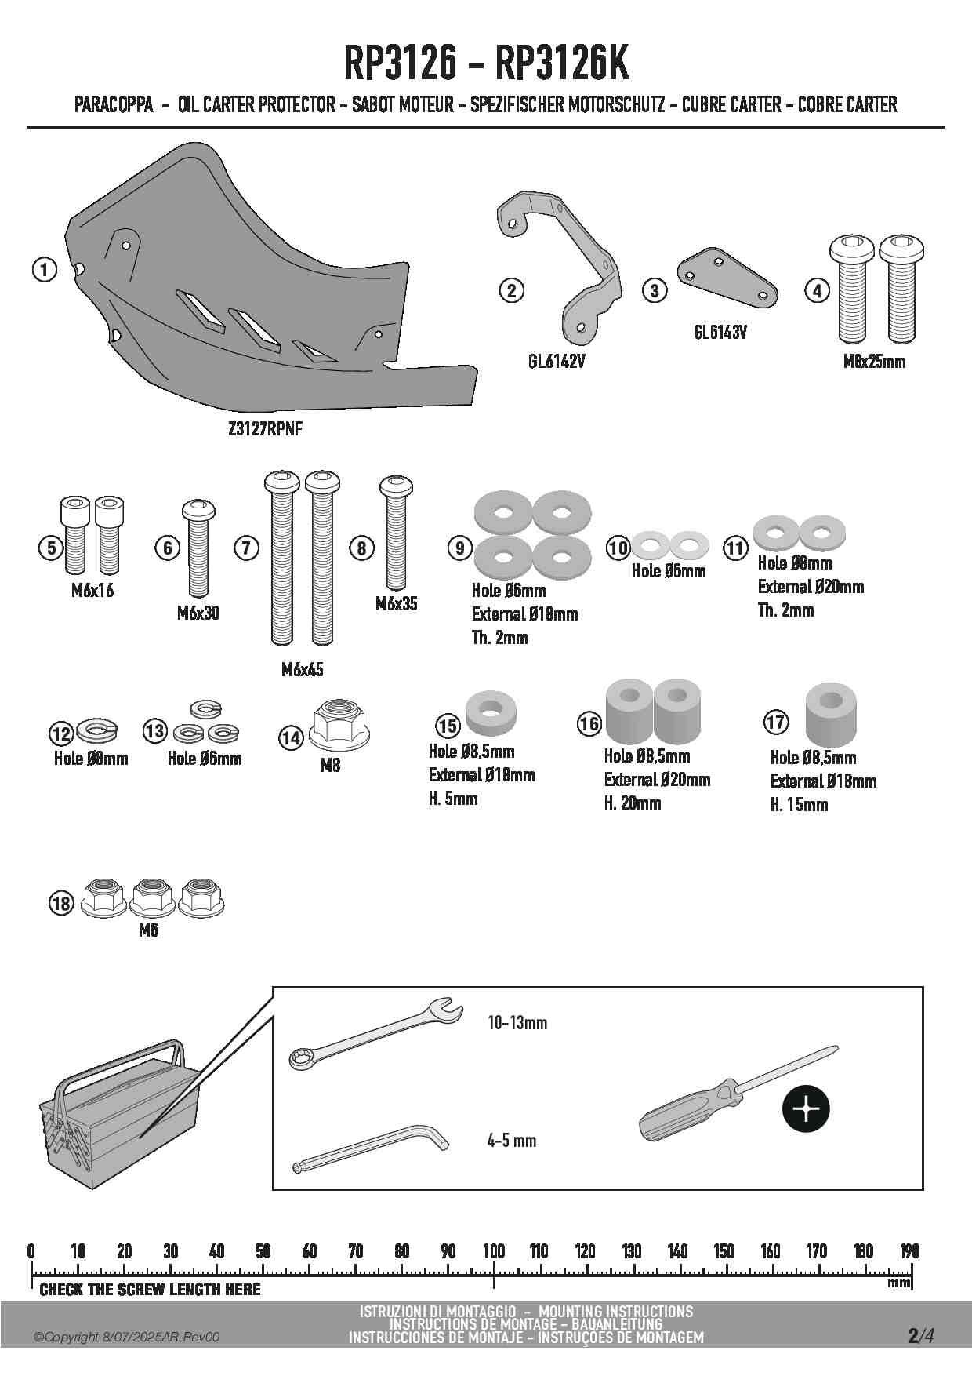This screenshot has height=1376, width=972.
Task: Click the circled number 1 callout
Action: click(x=45, y=270)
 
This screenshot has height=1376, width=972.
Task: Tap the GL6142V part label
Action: click(x=557, y=362)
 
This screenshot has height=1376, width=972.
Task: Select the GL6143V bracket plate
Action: click(x=727, y=278)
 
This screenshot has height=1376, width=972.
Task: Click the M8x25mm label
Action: click(x=874, y=362)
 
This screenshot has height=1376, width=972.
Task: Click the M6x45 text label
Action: click(x=303, y=670)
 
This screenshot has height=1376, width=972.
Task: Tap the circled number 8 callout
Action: click(x=361, y=548)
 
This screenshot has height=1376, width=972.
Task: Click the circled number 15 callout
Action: click(x=448, y=726)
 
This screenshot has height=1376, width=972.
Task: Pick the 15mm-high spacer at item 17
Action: click(x=831, y=714)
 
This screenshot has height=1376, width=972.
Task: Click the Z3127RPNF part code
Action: click(x=265, y=429)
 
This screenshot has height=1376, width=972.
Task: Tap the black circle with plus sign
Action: click(x=806, y=1109)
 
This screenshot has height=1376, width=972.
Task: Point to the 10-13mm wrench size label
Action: click(x=517, y=1023)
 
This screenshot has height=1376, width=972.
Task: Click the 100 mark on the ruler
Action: click(x=494, y=1250)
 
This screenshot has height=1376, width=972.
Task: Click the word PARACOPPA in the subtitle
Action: click(x=114, y=104)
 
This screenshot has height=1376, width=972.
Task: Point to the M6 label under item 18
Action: click(x=148, y=930)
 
